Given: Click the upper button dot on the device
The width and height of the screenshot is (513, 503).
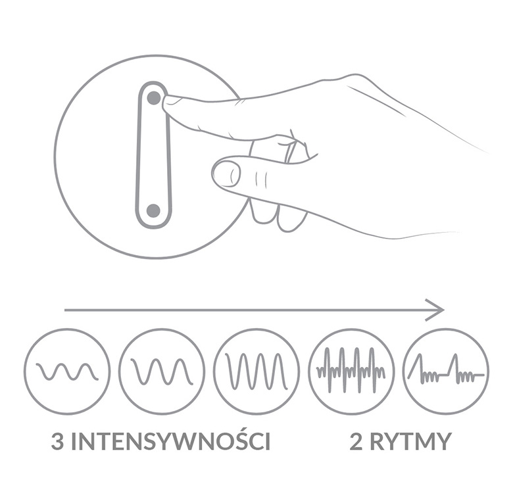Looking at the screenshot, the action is [x=154, y=97].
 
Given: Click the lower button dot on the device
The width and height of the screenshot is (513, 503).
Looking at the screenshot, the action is [x=153, y=211].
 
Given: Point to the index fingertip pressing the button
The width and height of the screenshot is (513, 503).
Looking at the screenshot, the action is [x=168, y=102].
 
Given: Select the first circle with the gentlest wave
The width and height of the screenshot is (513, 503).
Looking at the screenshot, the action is [x=66, y=371].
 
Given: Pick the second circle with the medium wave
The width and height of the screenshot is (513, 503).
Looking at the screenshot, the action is [x=162, y=371].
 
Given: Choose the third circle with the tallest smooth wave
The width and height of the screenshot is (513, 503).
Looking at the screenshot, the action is [x=256, y=371].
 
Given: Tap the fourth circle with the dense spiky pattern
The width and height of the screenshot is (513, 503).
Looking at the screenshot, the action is [x=351, y=371].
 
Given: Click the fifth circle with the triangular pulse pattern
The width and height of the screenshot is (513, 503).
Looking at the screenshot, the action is [x=446, y=371].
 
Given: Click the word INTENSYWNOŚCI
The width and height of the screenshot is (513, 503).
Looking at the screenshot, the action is [x=171, y=441].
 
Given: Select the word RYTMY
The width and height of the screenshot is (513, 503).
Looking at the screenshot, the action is [x=411, y=441].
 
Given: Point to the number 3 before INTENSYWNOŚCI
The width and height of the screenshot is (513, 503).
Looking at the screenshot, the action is [x=58, y=441].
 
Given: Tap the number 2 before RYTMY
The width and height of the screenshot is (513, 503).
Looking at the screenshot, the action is [x=356, y=441].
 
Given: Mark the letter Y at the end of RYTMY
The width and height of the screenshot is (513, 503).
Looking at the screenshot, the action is [x=443, y=441].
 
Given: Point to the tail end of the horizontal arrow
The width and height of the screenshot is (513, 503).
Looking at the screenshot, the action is [x=64, y=310].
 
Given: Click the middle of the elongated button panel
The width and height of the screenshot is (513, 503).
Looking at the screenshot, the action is [x=153, y=155].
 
